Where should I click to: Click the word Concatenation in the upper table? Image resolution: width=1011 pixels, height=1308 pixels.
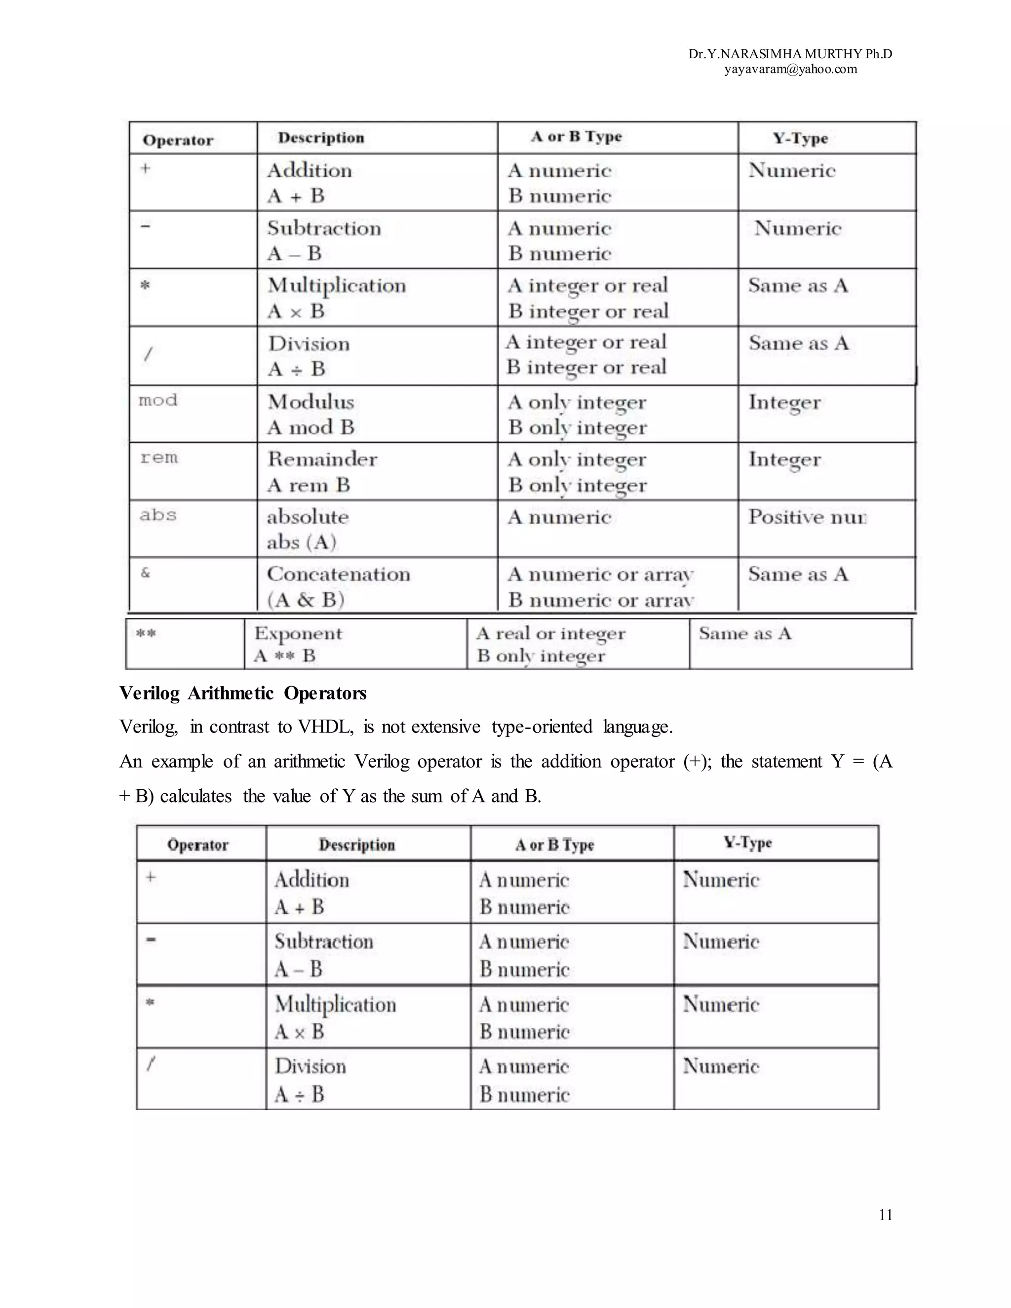pyautogui.click(x=338, y=575)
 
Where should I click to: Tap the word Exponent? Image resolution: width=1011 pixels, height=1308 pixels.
pyautogui.click(x=298, y=633)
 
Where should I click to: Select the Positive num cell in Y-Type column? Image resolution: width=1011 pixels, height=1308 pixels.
pyautogui.click(x=806, y=517)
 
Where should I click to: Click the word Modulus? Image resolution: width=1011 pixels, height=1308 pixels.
pyautogui.click(x=311, y=402)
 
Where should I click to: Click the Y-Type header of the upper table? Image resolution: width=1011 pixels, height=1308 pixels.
pyautogui.click(x=800, y=138)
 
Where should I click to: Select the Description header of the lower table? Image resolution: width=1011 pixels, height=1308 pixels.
pyautogui.click(x=356, y=845)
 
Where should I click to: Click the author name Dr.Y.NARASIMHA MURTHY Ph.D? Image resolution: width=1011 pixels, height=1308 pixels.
pyautogui.click(x=790, y=54)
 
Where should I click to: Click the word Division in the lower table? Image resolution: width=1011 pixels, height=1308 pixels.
pyautogui.click(x=310, y=1066)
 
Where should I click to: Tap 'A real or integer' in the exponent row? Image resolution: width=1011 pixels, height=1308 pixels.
pyautogui.click(x=550, y=633)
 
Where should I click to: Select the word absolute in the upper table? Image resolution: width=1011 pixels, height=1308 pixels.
pyautogui.click(x=307, y=517)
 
